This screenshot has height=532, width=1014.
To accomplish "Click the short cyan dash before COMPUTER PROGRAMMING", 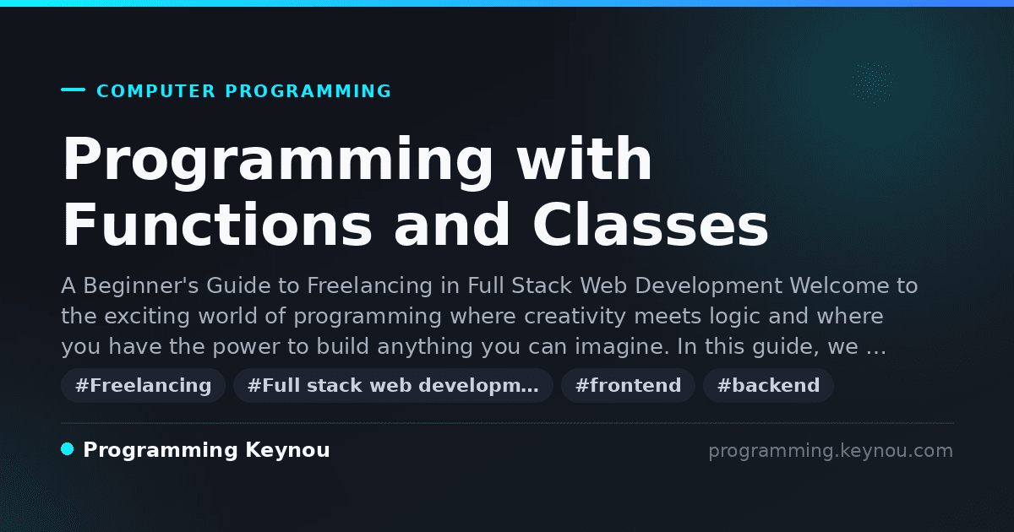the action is [x=73, y=90].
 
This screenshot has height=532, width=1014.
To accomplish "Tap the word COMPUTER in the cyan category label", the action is [x=155, y=91].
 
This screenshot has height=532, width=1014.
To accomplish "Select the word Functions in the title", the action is [x=217, y=225].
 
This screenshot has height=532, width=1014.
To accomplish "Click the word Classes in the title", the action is [x=650, y=225].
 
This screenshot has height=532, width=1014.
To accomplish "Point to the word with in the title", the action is [x=585, y=159].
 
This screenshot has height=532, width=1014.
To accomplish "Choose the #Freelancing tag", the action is [x=143, y=385].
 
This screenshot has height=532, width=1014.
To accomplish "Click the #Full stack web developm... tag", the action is [x=393, y=385].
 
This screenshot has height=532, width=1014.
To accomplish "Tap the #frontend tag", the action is [x=628, y=385].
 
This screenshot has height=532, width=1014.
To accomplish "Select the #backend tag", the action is [x=768, y=385].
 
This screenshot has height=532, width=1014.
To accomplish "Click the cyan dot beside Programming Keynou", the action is [x=68, y=449].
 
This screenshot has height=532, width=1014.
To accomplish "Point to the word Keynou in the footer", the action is [x=287, y=450].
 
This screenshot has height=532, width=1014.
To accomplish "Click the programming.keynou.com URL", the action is [x=831, y=451].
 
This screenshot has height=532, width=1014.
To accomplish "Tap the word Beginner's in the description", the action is [x=141, y=286].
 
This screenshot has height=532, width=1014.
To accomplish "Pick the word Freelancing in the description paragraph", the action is [x=369, y=286].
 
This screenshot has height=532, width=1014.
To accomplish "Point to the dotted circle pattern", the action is [x=873, y=84].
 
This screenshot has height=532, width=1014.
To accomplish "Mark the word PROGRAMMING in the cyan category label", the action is [x=308, y=91].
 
